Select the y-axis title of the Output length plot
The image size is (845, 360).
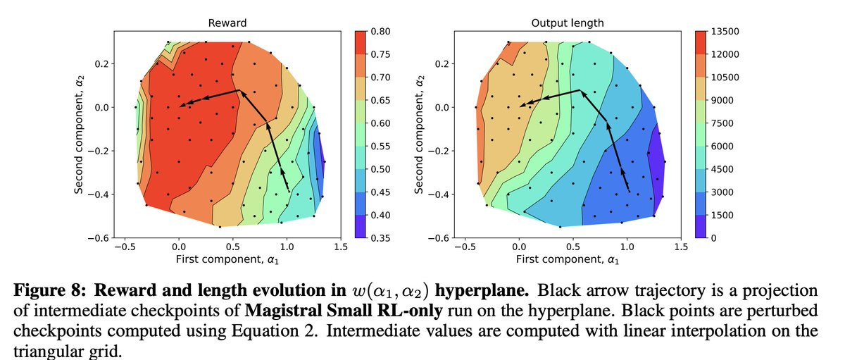(x=420, y=135)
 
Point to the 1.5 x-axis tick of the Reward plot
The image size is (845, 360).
(x=341, y=247)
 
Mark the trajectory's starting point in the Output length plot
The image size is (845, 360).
(x=630, y=190)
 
